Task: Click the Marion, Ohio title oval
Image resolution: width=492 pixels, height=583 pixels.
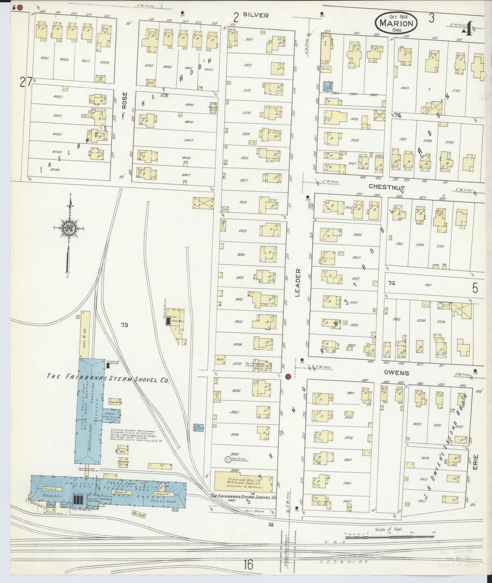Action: pyautogui.click(x=396, y=23)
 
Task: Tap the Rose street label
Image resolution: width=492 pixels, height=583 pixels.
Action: pyautogui.click(x=125, y=99)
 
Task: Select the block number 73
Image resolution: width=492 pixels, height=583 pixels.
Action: pyautogui.click(x=124, y=325)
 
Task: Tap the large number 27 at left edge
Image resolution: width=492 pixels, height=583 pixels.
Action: pyautogui.click(x=26, y=82)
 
